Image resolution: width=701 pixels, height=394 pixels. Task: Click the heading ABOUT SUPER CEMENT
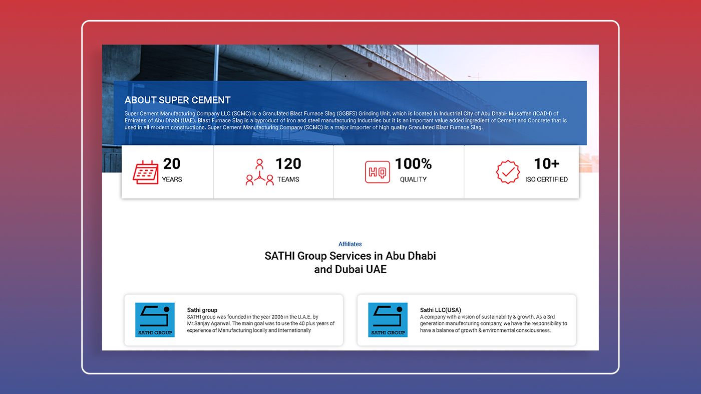pos(177,100)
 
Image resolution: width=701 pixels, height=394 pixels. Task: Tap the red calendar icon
pos(146,172)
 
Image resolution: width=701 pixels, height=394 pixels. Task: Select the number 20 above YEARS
pos(172,164)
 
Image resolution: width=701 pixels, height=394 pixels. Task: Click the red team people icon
pos(259,172)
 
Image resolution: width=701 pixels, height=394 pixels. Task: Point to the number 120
pos(288,164)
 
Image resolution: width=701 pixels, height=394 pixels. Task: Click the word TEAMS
pos(288,179)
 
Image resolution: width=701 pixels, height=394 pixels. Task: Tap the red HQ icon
pos(378,172)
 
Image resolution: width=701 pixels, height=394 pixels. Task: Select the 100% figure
pos(414,164)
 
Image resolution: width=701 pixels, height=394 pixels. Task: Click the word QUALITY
pos(414,179)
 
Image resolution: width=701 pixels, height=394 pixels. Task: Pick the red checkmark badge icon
pos(508,172)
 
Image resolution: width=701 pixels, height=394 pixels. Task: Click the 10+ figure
pos(547,164)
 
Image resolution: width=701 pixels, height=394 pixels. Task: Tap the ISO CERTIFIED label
pos(546,179)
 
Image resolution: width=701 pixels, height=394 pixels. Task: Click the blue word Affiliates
pos(350,244)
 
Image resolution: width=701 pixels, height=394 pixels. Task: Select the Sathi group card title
pos(202,310)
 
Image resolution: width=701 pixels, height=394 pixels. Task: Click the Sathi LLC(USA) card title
pos(441,310)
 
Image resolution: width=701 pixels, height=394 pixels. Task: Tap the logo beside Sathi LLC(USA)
pos(388,320)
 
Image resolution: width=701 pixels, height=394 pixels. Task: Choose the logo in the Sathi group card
pos(155,320)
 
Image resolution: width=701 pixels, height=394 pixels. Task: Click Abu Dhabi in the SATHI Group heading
pos(411,256)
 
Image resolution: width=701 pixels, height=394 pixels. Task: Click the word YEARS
pos(172,179)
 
